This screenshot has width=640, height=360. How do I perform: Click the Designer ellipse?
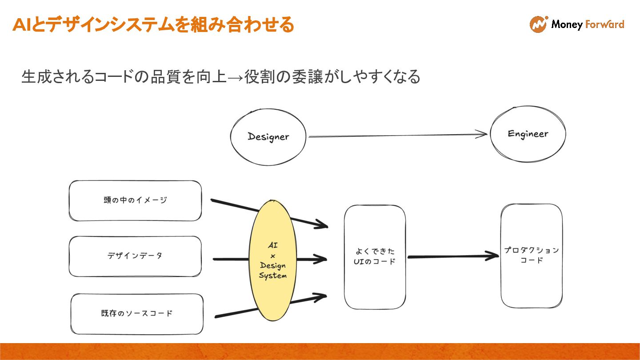click(268, 136)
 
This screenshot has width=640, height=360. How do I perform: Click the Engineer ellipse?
click(528, 134)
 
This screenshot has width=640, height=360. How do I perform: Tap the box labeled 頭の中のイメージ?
click(135, 200)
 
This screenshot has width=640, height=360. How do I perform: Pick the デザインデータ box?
click(135, 256)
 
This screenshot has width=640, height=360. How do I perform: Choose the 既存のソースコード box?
click(136, 314)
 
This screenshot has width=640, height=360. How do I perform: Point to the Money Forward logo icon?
click(538, 24)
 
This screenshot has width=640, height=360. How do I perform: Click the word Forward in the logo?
click(604, 24)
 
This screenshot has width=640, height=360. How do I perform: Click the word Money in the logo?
click(567, 24)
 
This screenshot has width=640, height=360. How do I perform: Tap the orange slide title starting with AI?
click(153, 25)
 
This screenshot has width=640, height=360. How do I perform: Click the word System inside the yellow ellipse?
click(272, 276)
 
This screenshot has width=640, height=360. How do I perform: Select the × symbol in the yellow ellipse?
click(273, 256)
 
